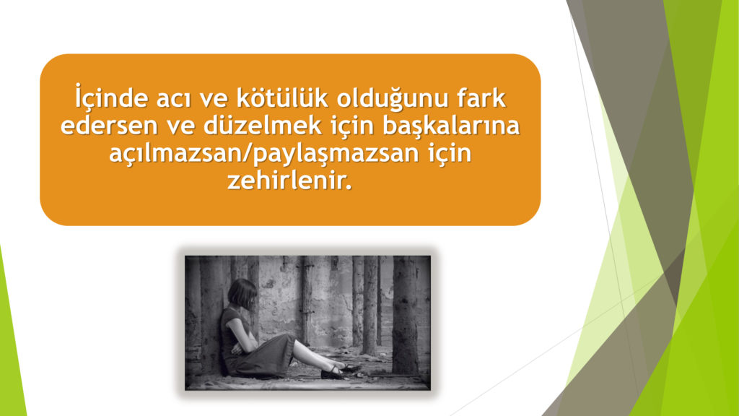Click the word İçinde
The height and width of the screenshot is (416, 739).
point(111,97)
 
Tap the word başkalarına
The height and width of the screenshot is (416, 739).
point(451,126)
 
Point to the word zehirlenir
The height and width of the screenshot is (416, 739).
point(287,181)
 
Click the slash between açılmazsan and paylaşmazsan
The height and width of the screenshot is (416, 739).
point(247,154)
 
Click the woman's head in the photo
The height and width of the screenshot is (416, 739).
point(242,292)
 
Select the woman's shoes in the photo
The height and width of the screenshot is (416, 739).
point(341,371)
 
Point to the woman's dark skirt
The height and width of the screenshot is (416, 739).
point(264,356)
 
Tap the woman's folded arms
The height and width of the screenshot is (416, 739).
point(243,344)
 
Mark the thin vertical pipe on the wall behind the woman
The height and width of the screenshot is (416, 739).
point(307,302)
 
